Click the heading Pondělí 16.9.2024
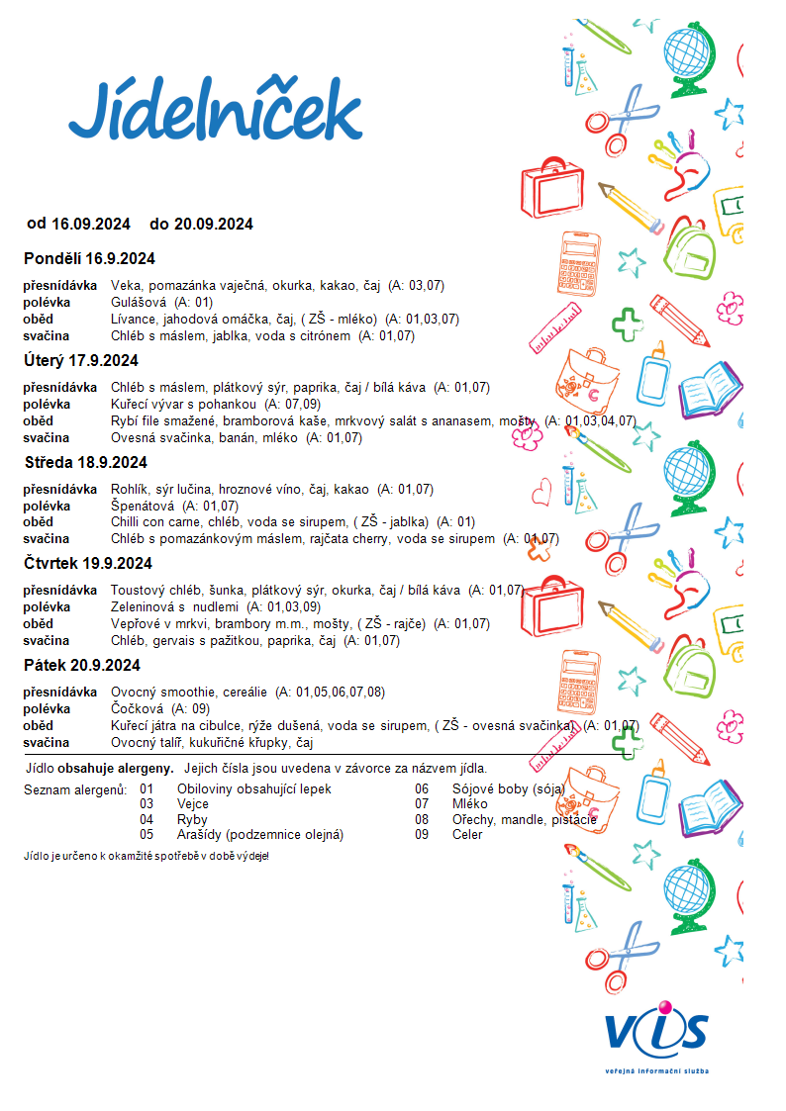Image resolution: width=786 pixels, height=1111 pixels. point(89,259)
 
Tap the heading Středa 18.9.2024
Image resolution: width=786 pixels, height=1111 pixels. point(85,462)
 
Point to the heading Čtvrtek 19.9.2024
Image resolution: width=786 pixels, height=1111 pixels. point(88,563)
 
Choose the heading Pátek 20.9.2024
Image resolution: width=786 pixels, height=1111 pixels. point(82,665)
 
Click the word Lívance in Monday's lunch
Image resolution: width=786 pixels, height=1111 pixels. point(136,319)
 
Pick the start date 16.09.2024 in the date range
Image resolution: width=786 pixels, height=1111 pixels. point(91,224)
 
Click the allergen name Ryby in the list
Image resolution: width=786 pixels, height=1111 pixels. point(192,820)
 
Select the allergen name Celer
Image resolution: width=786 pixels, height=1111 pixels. point(467,834)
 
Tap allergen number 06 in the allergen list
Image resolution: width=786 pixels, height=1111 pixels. point(422,789)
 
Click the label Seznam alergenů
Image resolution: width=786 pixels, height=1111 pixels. point(75,789)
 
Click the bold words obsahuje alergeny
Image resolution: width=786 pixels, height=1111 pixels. point(116,768)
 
